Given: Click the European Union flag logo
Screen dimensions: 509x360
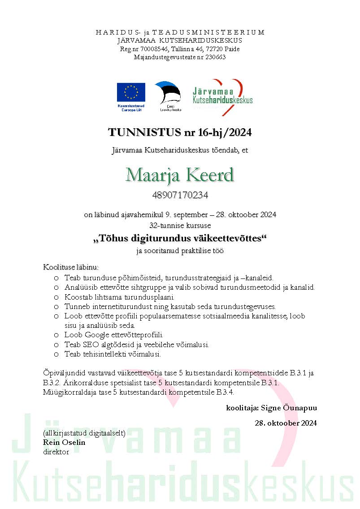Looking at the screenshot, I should (131, 92).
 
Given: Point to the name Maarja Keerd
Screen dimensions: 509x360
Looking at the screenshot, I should (180, 175).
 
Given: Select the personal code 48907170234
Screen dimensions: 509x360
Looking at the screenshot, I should (180, 196).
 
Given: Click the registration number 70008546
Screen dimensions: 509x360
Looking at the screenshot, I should (153, 49).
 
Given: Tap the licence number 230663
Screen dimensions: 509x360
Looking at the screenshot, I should (214, 57).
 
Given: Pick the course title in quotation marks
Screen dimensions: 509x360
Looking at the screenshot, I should (180, 239).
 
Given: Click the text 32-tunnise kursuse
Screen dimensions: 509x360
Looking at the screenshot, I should (180, 224).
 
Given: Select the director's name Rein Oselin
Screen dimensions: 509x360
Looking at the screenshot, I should (64, 443).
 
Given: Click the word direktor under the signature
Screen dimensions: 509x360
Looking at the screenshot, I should (56, 452).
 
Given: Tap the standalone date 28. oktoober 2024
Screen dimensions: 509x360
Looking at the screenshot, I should (286, 423).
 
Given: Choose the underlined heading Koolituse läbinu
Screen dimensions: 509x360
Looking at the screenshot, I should (71, 268).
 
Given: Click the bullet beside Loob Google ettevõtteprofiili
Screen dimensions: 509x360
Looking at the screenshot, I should (56, 335).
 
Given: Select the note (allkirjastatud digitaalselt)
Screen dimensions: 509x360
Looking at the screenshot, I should (84, 434).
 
